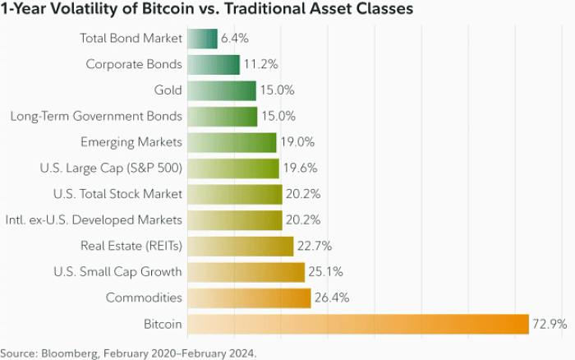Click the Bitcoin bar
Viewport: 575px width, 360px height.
[x=358, y=324]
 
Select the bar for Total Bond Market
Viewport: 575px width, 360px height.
[x=203, y=39]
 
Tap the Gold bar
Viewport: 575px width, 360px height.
[x=222, y=90]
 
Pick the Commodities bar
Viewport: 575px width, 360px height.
[x=249, y=298]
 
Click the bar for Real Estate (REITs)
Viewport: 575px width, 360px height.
[x=241, y=246]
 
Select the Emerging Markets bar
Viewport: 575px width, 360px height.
[x=232, y=142]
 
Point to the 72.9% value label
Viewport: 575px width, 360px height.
[x=550, y=324]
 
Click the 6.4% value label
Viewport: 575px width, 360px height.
[x=235, y=39]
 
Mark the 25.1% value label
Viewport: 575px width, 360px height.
[x=326, y=271]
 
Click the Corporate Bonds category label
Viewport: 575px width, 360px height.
[x=133, y=64]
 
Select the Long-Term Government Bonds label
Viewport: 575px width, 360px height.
[x=96, y=116]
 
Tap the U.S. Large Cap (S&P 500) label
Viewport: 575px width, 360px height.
[x=110, y=168]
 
